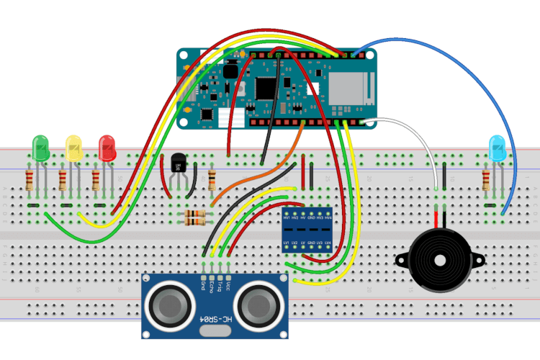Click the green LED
pyautogui.click(x=41, y=148)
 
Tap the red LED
pyautogui.click(x=107, y=148)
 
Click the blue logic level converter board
pyautogui.click(x=306, y=226)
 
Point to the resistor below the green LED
pyautogui.click(x=30, y=180)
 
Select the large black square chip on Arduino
pyautogui.click(x=266, y=87)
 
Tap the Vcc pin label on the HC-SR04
pyautogui.click(x=229, y=286)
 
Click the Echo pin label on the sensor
pyautogui.click(x=212, y=287)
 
